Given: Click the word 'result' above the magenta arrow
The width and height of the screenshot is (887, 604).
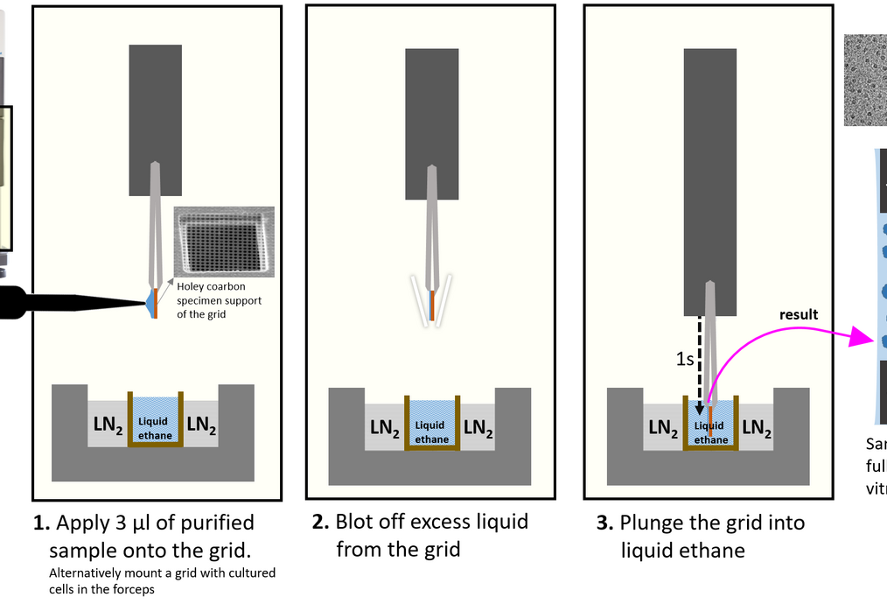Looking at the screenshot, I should [798, 314].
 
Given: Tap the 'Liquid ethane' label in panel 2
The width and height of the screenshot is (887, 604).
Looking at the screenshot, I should [431, 432].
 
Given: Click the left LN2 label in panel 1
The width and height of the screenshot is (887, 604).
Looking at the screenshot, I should [108, 425].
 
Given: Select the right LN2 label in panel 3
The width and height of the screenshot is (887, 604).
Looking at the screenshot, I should [757, 427].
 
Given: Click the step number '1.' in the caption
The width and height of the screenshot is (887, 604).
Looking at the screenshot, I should [41, 523].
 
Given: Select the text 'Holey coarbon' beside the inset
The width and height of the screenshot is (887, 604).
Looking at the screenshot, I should [212, 285].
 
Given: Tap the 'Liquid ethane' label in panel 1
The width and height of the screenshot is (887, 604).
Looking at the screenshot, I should [155, 428].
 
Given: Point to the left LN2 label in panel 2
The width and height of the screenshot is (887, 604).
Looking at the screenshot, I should [385, 427].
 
